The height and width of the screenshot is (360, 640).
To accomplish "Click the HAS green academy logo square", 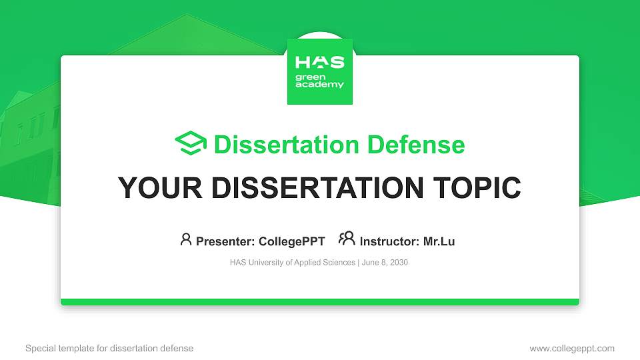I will pos(319,72).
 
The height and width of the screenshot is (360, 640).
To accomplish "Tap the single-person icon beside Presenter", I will pos(186,239).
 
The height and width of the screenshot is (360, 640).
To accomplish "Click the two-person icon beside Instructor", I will pos(347,239).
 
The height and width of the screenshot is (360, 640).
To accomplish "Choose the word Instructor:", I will pos(389,241).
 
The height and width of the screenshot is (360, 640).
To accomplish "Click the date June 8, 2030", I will pos(385,263).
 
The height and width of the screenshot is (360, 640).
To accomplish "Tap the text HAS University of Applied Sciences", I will pos(292,263).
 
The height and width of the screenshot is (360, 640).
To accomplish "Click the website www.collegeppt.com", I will pos(571,348).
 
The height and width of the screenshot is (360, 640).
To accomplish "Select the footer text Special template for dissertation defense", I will pos(109,348).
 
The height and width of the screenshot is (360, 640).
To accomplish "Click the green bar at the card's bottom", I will pos(319,302).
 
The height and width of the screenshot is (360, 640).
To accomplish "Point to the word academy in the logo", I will pos(319,85).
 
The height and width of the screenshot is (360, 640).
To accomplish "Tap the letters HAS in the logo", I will pos(319,63).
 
